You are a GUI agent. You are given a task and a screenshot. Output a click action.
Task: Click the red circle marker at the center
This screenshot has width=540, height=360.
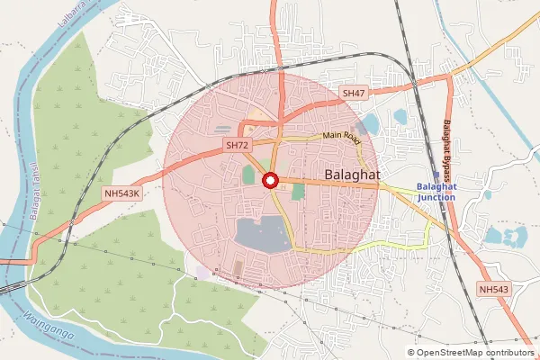[x=269, y=181]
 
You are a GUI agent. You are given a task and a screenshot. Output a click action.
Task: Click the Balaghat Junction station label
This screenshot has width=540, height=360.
[x=436, y=191]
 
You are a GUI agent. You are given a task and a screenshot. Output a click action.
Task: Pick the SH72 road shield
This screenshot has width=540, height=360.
[x=238, y=145]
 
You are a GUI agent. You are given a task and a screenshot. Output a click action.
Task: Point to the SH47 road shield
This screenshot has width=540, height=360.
[x=354, y=93]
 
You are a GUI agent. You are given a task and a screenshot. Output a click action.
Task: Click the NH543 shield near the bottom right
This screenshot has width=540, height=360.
[x=494, y=289]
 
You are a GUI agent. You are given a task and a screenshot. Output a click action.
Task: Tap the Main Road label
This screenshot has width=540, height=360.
[x=342, y=139]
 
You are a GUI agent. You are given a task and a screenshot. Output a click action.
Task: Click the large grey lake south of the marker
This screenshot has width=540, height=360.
[x=261, y=235]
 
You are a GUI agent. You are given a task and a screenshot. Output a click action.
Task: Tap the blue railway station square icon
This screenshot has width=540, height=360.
[x=436, y=177]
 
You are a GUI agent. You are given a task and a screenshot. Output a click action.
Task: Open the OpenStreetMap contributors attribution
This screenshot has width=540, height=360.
[x=474, y=353]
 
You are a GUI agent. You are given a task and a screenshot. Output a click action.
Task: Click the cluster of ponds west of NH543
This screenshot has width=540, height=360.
[x=505, y=237]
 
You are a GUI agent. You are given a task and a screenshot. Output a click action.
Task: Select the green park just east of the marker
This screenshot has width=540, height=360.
[x=298, y=192]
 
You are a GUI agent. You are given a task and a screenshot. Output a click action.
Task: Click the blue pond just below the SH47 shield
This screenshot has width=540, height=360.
[x=369, y=124]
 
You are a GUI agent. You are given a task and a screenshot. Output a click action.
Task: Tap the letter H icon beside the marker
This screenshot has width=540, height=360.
[x=282, y=189]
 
